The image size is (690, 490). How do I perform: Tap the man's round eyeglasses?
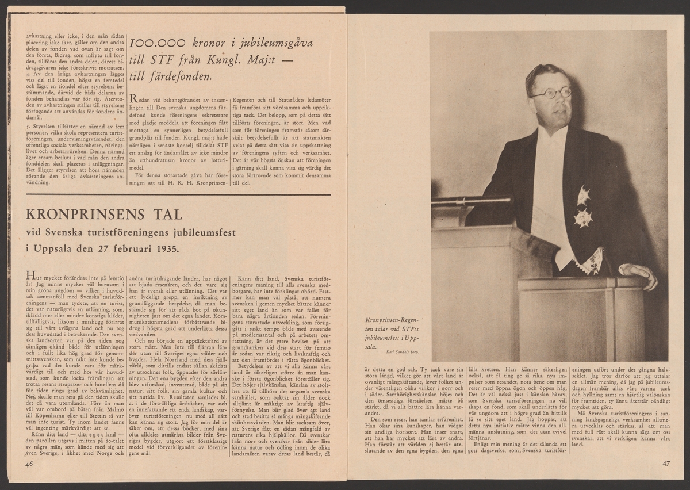click(550, 93)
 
